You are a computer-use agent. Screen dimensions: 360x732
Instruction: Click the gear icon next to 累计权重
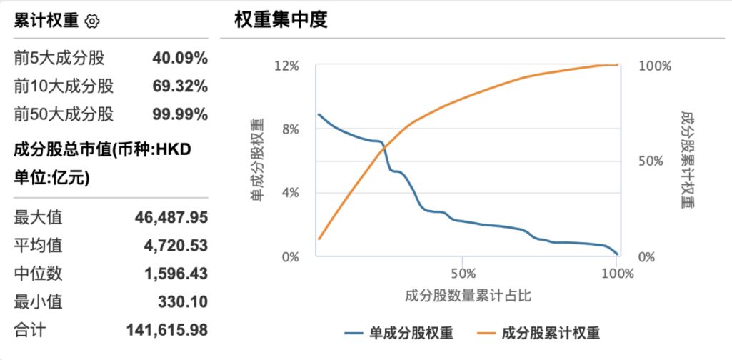pyautogui.click(x=92, y=21)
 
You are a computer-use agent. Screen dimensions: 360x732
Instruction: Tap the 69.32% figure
pyautogui.click(x=180, y=86)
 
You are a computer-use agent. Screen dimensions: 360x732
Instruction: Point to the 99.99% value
pyautogui.click(x=180, y=114)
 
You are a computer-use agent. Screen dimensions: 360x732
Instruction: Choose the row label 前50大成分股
pyautogui.click(x=64, y=114)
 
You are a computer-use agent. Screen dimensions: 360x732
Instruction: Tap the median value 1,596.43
pyautogui.click(x=176, y=274)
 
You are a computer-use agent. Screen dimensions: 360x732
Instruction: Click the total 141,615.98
pyautogui.click(x=167, y=330)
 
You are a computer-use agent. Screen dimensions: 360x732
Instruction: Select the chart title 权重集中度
pyautogui.click(x=281, y=20)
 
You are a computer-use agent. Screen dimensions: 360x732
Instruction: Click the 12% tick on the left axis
pyautogui.click(x=286, y=66)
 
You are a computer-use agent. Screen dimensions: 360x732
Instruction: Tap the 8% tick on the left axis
pyautogui.click(x=289, y=129)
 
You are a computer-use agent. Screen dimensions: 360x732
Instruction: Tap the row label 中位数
pyautogui.click(x=38, y=274)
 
